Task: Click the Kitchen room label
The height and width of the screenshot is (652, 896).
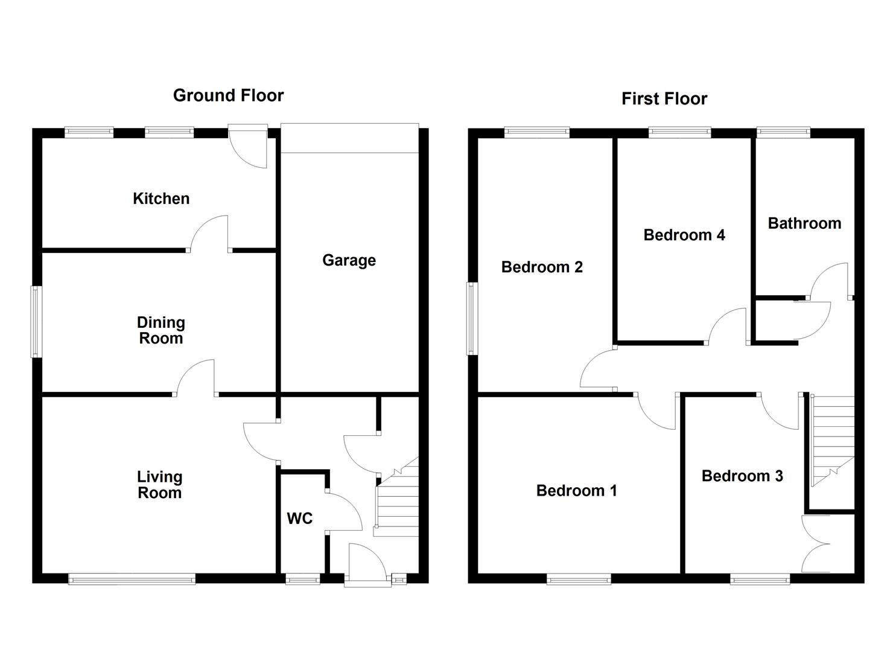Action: [x=161, y=199]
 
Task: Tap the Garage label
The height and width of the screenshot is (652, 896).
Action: [x=349, y=260]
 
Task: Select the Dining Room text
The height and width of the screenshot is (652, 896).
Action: [x=160, y=330]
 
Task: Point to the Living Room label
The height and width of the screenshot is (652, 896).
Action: [x=159, y=485]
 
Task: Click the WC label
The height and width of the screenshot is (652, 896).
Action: [x=299, y=519]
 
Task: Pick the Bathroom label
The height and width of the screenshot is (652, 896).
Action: [x=804, y=223]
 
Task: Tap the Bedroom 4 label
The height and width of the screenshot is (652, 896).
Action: [x=684, y=235]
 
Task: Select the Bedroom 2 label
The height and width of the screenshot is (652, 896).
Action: [x=542, y=267]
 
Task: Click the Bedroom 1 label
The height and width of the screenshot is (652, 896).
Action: [x=576, y=491]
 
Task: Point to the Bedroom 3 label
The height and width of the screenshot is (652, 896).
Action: [x=742, y=476]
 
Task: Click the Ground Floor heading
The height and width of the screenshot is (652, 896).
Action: [x=228, y=95]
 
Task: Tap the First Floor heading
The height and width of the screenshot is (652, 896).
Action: [x=664, y=99]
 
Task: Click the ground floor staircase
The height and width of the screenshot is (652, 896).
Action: [x=397, y=501]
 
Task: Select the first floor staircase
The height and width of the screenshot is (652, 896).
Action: [x=833, y=438]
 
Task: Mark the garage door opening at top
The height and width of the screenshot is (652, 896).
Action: [x=349, y=138]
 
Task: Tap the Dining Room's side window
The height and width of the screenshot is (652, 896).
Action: [x=37, y=321]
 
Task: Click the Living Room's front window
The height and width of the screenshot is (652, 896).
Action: [x=132, y=580]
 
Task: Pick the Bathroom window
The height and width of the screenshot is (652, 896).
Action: [x=783, y=130]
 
